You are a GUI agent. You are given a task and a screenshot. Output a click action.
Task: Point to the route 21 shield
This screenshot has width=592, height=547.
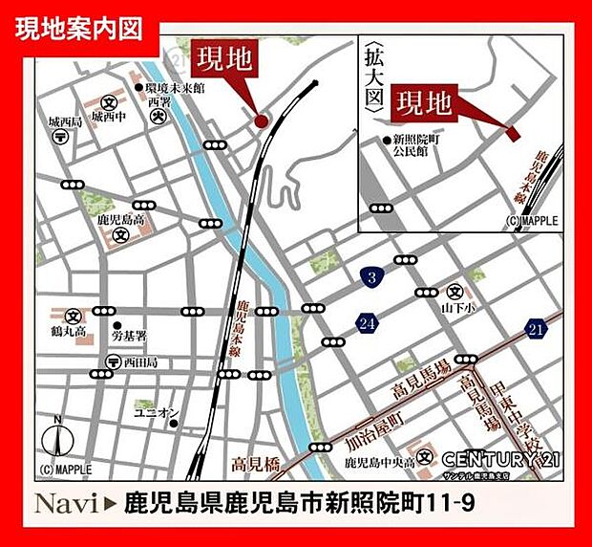537,328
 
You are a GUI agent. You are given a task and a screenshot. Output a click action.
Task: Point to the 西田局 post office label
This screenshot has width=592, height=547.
139,363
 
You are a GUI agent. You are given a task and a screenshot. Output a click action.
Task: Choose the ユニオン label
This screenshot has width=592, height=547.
157,413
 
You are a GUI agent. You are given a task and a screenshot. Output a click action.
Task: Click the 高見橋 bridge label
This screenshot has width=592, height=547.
256,466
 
